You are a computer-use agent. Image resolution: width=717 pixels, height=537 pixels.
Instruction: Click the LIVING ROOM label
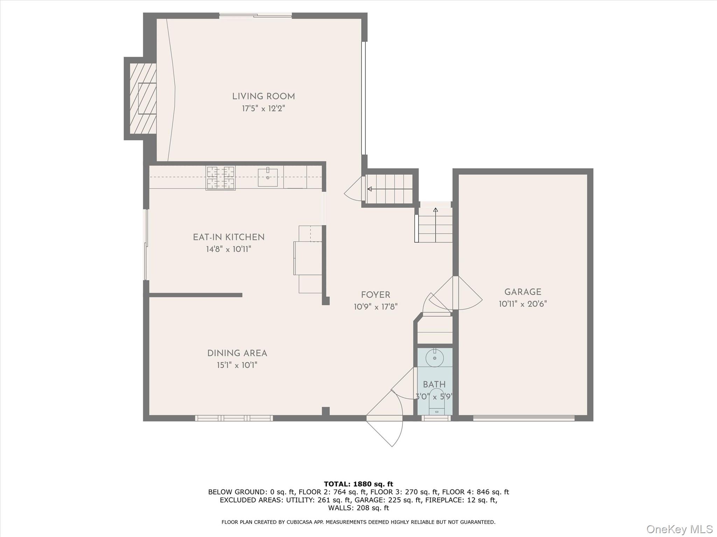264,96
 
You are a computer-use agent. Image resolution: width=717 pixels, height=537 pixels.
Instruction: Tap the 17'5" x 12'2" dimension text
264,109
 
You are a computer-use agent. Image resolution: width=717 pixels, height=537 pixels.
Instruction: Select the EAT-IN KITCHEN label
229,237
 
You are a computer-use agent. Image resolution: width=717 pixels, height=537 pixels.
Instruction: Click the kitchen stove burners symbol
221,178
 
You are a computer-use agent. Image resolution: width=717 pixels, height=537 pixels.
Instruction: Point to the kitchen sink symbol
268,178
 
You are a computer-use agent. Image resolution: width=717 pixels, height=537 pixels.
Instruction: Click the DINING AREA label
237,353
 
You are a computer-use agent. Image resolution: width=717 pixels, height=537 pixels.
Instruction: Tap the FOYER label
376,295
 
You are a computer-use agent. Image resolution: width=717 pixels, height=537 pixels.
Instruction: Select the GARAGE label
523,292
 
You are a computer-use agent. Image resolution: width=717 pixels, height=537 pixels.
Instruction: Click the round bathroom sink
434,358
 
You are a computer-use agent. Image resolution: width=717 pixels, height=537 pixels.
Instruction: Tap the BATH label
434,385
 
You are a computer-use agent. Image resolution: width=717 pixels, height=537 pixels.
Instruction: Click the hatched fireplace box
143,98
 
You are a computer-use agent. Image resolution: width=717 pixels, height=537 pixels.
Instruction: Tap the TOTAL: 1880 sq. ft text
358,484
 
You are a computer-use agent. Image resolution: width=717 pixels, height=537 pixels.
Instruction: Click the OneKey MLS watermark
679,529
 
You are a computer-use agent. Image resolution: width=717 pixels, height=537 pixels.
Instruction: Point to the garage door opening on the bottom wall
524,418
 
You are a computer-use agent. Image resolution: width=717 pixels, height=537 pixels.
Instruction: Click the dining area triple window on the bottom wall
234,418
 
